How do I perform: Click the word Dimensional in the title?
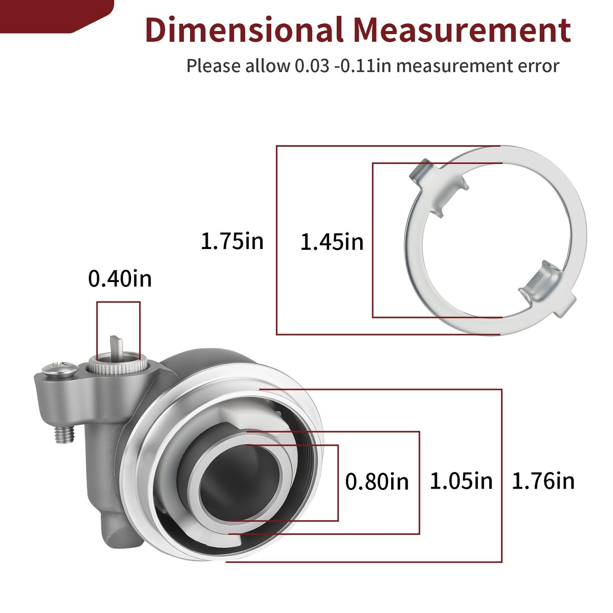point(244,30)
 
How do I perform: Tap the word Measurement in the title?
point(462,30)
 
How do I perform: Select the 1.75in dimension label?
point(232,241)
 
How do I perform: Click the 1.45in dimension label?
point(332,242)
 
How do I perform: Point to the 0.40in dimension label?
point(120,279)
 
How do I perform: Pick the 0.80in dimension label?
point(377,481)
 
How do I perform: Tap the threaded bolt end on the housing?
point(64,434)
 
